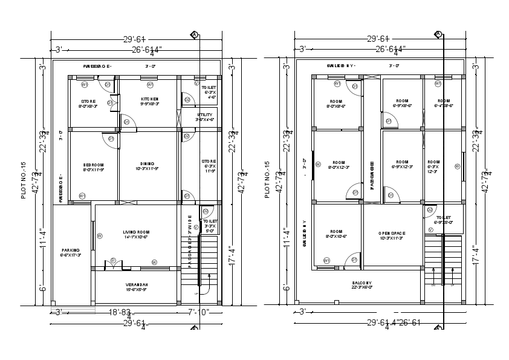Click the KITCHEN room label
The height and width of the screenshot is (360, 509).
click(150, 99)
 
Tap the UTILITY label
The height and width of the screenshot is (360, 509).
click(204, 114)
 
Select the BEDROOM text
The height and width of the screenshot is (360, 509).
click(94, 165)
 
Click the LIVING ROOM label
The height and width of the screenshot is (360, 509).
click(135, 232)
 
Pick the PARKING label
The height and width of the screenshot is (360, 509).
click(71, 250)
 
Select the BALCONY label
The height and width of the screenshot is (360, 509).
click(363, 283)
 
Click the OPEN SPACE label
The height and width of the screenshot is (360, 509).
click(391, 233)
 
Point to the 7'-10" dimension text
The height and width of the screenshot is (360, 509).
click(198, 312)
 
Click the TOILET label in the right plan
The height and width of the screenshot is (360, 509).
click(443, 217)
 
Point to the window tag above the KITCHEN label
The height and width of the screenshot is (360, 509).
click(150, 85)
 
